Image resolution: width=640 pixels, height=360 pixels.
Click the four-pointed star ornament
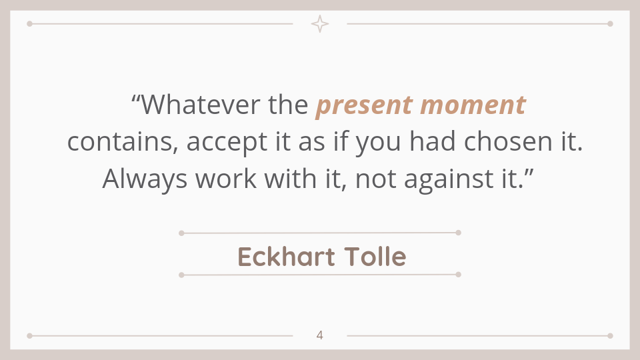point(319,24)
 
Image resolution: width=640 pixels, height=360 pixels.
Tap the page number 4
point(319,335)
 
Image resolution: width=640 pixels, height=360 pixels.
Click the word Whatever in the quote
point(201,105)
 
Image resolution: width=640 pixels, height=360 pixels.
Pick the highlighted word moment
point(473,105)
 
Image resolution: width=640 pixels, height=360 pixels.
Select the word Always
point(145,179)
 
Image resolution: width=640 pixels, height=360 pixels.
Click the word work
point(226,179)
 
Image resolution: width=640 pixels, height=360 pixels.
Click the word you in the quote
point(379,143)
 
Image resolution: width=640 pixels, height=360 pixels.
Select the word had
point(432,141)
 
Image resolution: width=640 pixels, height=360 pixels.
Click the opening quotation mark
point(136,99)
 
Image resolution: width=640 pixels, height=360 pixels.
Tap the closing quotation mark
point(529,172)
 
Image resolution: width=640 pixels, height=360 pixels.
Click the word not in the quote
point(376,179)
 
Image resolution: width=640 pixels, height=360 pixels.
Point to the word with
point(291,179)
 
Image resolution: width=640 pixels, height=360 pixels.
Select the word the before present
point(288,105)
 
